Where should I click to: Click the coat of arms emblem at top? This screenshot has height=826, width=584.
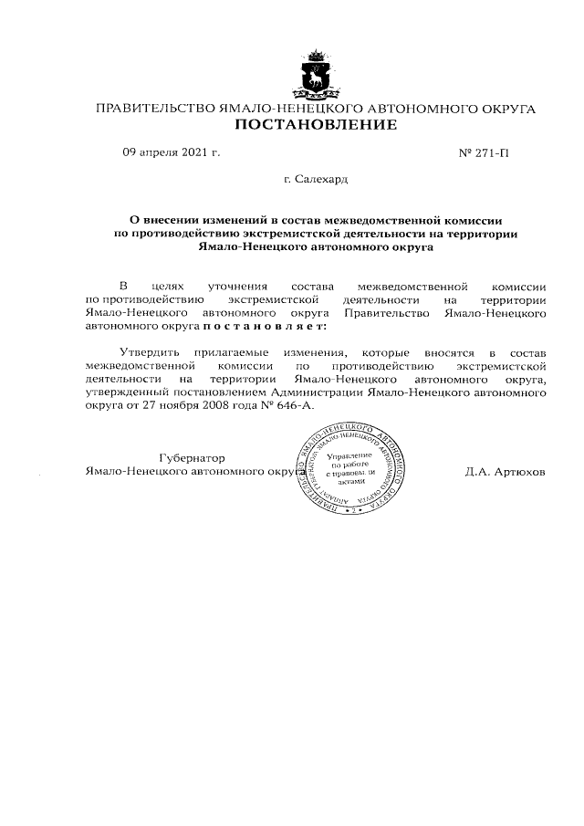[316, 75]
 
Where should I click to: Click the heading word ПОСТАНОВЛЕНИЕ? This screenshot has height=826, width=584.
[316, 124]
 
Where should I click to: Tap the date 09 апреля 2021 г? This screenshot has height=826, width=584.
[172, 152]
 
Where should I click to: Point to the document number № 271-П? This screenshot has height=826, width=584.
[483, 152]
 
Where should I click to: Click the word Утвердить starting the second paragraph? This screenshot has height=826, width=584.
[151, 351]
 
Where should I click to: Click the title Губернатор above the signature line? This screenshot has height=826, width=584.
[192, 457]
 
